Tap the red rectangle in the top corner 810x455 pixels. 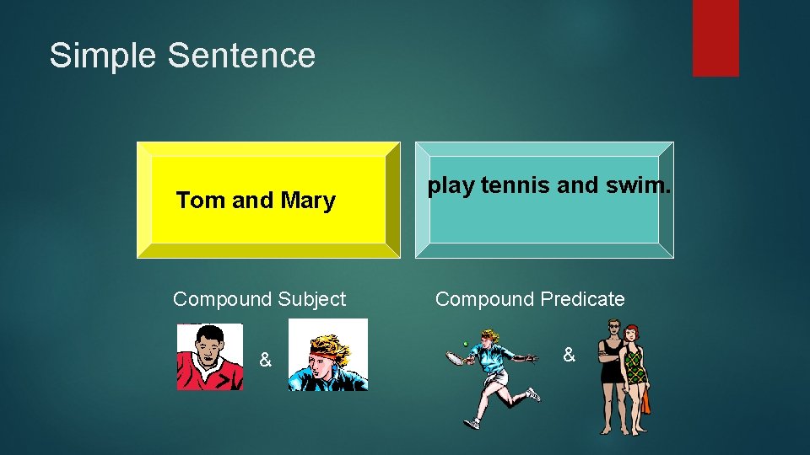pos(715,37)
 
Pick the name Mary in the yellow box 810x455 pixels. pos(308,201)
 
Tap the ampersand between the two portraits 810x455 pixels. pos(265,361)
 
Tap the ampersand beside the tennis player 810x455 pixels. pos(569,356)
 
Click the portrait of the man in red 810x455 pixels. pos(209,357)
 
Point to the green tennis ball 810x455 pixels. pos(465,344)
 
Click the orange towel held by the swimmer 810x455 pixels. pos(645,401)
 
